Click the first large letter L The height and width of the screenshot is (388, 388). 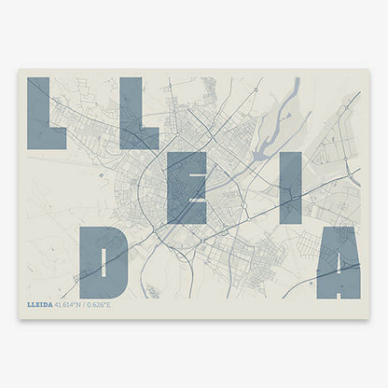point(39,112)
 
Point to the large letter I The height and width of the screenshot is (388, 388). point(290,187)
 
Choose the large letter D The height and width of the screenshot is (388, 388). point(104,262)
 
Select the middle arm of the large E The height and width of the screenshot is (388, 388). point(190,187)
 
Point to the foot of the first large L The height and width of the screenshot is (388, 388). point(52,141)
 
